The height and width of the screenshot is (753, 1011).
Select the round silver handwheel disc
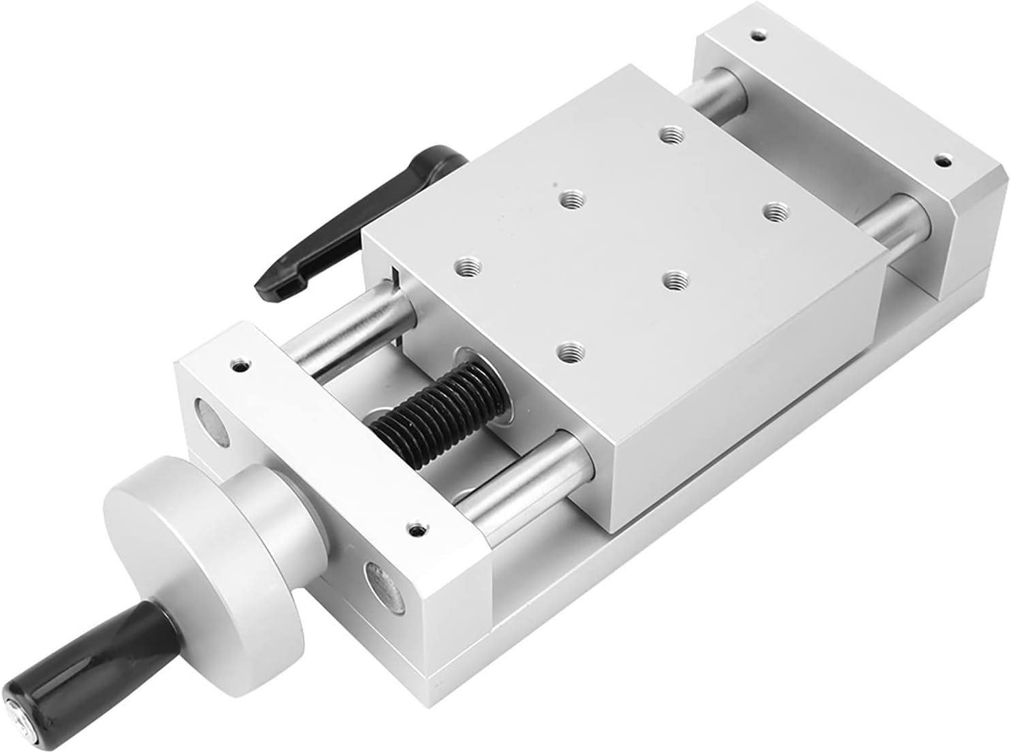(x=204, y=544)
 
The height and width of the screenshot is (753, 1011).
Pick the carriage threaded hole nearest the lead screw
(x=569, y=352)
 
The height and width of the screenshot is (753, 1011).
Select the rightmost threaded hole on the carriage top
(x=772, y=212)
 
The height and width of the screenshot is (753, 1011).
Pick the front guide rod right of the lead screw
(x=524, y=476)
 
